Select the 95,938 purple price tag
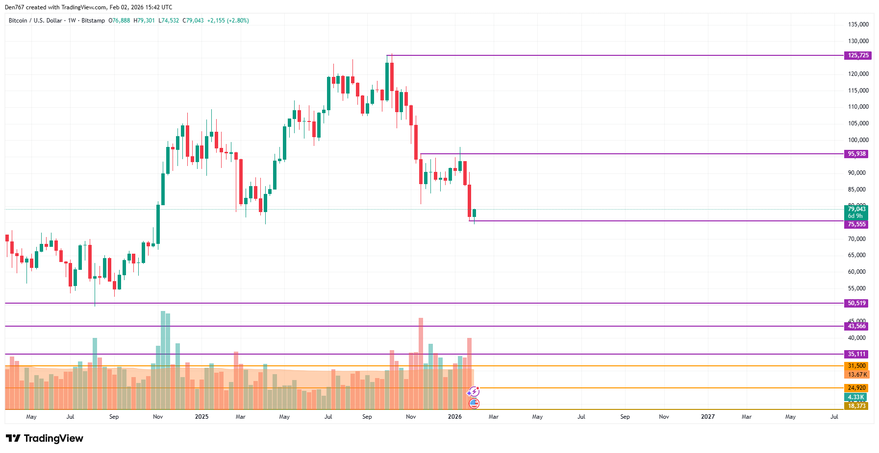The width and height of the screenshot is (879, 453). (856, 154)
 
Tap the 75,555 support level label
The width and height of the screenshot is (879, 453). (856, 224)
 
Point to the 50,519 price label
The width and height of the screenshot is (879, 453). (856, 303)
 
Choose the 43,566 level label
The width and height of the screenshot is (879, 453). (856, 326)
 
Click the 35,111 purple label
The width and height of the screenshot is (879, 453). (856, 354)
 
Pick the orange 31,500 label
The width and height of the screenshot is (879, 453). (856, 366)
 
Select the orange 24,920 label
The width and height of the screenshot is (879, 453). (856, 388)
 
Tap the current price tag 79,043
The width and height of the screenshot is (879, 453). (856, 209)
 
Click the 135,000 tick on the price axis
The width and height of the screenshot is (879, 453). (858, 24)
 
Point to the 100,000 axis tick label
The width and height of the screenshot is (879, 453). (858, 140)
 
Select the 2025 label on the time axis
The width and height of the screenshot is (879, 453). (201, 417)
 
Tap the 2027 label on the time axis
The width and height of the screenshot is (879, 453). (707, 417)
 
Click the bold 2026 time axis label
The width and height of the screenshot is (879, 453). (454, 417)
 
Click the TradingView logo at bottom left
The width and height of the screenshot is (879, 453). (45, 438)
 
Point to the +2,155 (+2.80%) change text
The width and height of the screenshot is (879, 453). (228, 21)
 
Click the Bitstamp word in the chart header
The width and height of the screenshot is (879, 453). (93, 21)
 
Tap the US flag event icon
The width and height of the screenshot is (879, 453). (474, 404)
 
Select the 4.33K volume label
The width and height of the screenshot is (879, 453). (855, 397)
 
